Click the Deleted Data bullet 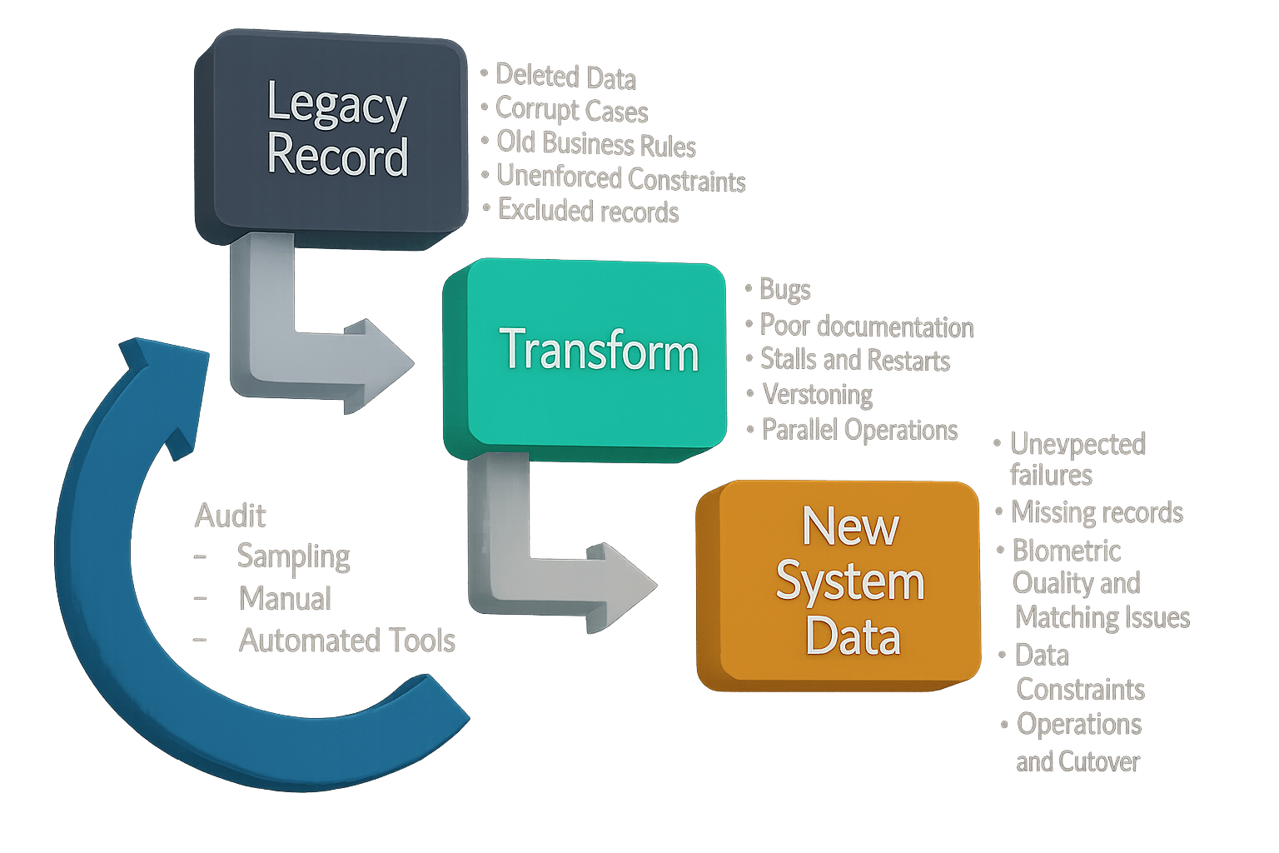[565, 77]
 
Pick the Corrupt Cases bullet [571, 110]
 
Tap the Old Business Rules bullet [595, 144]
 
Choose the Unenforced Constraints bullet [620, 178]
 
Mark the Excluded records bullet [588, 212]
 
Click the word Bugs [784, 290]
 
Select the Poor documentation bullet [866, 327]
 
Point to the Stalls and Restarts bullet [854, 360]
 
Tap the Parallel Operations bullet [859, 430]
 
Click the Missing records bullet [1097, 512]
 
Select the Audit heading [230, 516]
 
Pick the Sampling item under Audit [293, 556]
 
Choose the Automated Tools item [346, 641]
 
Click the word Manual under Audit [285, 599]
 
